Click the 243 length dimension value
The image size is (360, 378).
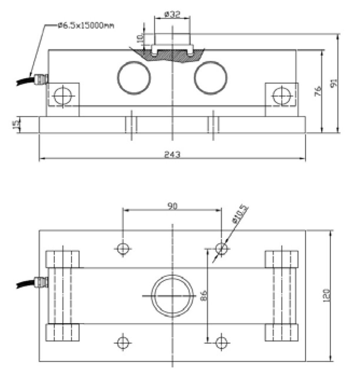(x=172, y=154)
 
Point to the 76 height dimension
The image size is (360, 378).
(x=318, y=91)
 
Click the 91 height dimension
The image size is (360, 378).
(x=334, y=84)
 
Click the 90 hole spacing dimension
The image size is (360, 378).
(x=172, y=206)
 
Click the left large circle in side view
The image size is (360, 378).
(x=134, y=78)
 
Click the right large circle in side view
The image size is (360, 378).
(x=211, y=78)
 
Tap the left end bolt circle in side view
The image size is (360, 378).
(x=63, y=96)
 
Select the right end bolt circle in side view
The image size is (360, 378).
(x=282, y=96)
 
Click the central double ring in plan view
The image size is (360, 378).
(x=172, y=296)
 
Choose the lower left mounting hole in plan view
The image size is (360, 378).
(x=123, y=342)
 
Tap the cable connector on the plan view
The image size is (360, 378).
(x=41, y=282)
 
